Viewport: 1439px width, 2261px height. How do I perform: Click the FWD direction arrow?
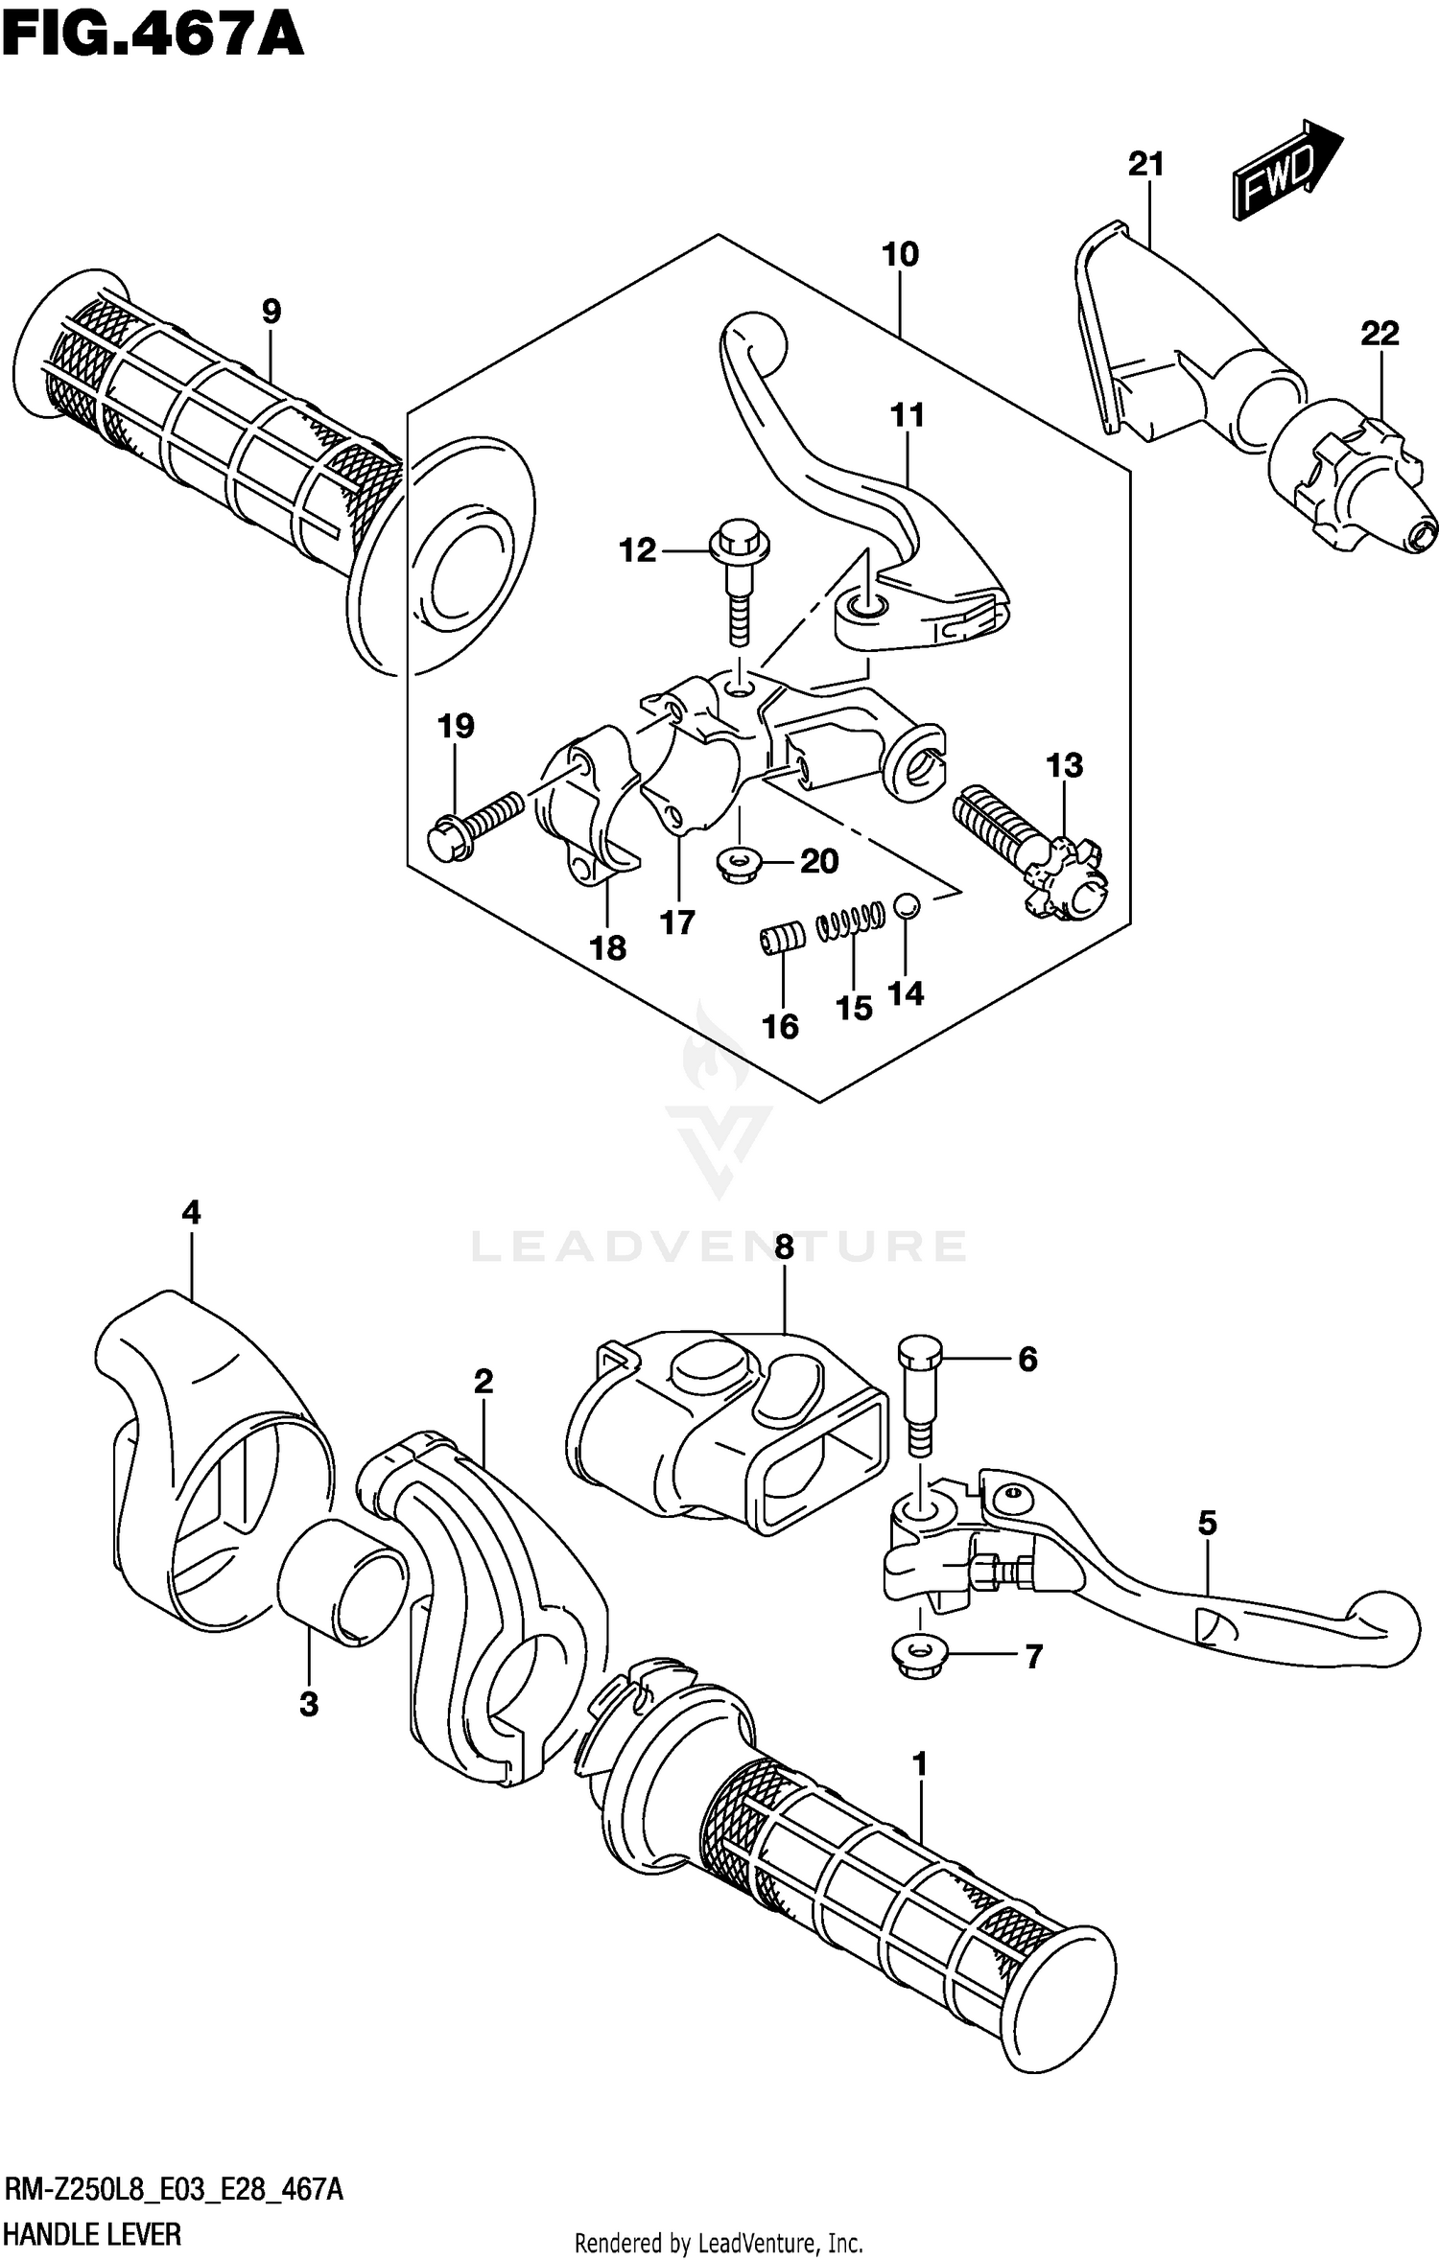coord(1285,171)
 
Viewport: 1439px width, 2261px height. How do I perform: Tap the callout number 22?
coord(1379,334)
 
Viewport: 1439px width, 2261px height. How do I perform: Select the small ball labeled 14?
coord(906,904)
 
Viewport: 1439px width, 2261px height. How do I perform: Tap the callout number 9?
coord(271,312)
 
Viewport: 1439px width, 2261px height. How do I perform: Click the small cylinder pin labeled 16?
coord(779,937)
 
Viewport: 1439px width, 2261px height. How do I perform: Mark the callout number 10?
coord(900,255)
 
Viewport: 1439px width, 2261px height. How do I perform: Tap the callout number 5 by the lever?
coord(1207,1523)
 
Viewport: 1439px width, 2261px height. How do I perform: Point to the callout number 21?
coord(1145,165)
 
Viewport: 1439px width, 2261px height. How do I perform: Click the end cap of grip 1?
coord(1055,1999)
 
